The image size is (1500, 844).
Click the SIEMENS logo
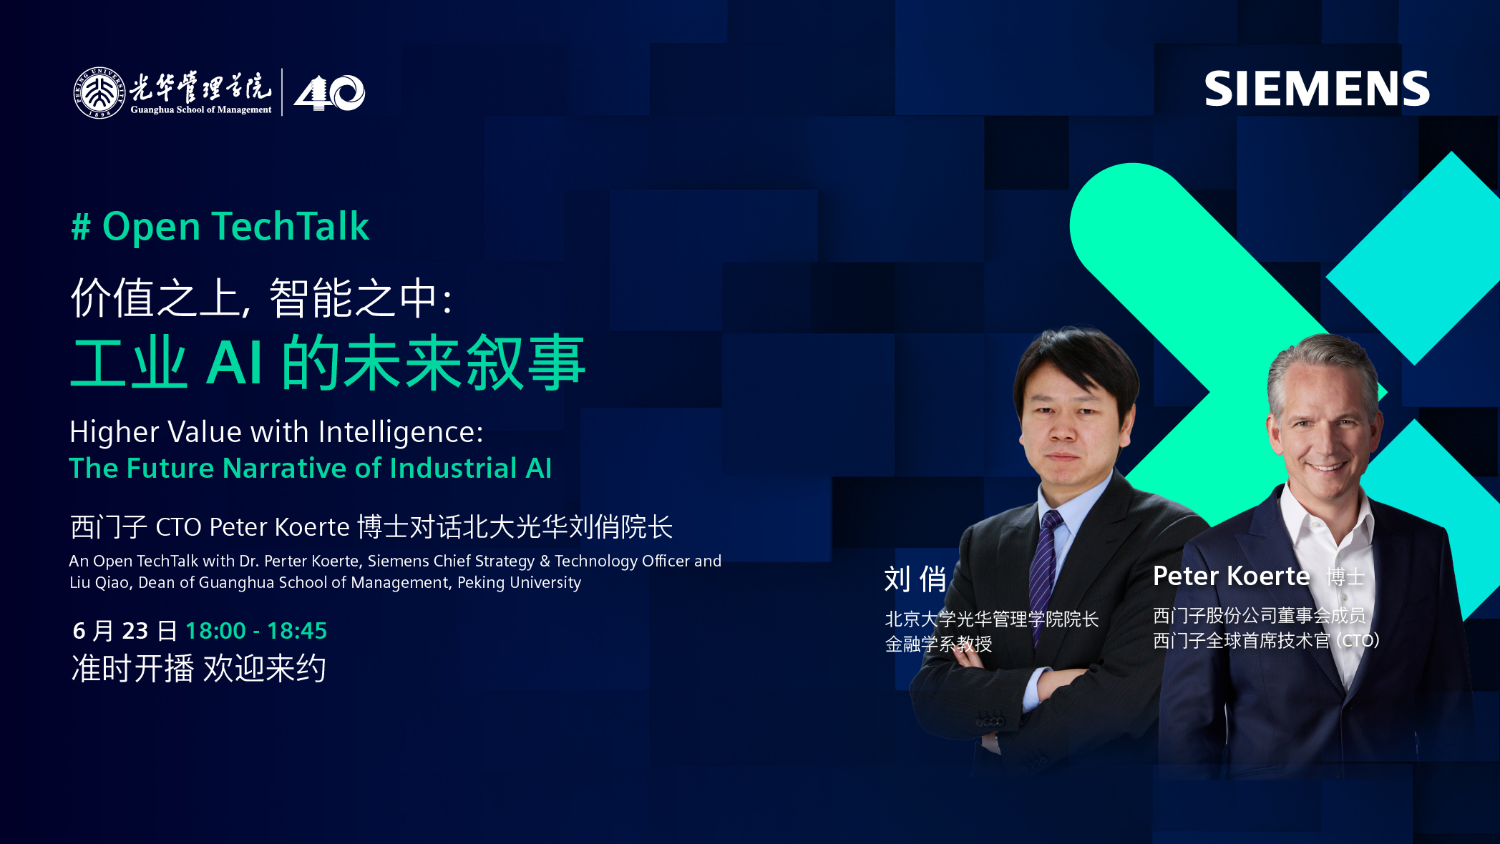pos(1317,89)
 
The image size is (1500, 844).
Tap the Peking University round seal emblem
pos(99,92)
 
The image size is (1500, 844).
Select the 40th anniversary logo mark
pos(329,93)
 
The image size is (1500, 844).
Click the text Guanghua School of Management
pos(201,109)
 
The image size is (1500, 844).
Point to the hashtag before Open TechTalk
pos(81,227)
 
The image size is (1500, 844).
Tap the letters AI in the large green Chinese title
pos(235,363)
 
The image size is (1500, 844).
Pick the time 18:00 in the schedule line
pos(215,631)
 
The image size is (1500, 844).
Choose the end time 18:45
pos(297,631)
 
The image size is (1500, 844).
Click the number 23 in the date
pos(135,631)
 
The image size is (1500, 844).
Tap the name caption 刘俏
pos(915,579)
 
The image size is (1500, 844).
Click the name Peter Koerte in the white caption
pos(1232,576)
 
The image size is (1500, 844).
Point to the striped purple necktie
pos(1046,565)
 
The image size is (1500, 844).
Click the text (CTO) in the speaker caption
pos(1358,640)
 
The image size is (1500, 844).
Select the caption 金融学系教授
pos(938,644)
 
